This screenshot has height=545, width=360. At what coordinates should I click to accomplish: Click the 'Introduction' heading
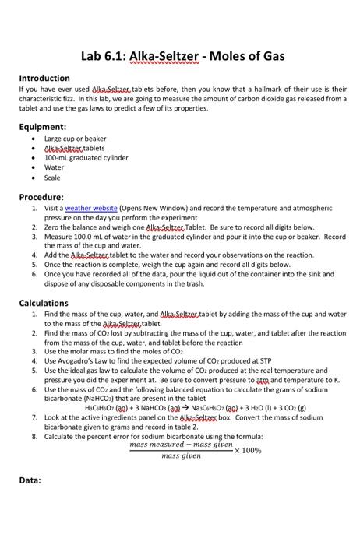point(44,78)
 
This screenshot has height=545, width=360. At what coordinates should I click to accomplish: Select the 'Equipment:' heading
point(42,126)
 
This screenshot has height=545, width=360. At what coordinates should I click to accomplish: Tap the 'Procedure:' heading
point(41,197)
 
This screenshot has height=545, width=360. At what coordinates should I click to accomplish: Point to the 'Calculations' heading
point(44,303)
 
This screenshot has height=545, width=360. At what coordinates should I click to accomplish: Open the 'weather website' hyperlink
point(91,209)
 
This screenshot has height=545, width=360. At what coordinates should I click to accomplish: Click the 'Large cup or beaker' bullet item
point(75,138)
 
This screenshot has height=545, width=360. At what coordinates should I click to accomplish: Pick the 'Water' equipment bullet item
point(55,167)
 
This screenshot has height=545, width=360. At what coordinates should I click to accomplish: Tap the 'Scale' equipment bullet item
point(53,177)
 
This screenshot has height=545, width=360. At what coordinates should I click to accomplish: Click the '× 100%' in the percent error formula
point(249,450)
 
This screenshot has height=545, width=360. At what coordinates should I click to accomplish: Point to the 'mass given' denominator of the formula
point(181,456)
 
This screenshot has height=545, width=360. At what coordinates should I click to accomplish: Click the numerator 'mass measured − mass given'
point(181,445)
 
